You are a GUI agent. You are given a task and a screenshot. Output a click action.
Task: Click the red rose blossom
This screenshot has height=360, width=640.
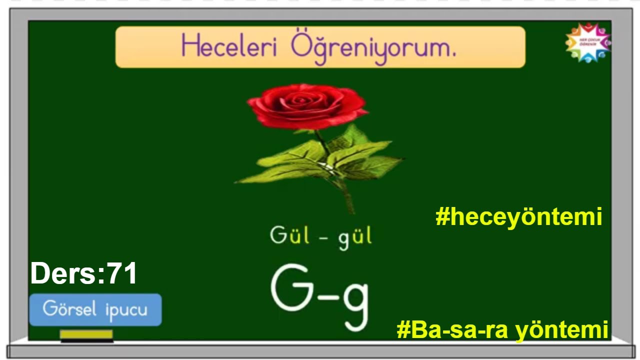click(x=306, y=106)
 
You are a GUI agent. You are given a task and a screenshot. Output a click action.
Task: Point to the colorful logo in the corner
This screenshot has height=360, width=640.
click(x=587, y=43)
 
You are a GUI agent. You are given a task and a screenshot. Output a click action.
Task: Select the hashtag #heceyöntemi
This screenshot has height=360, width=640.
click(x=518, y=217)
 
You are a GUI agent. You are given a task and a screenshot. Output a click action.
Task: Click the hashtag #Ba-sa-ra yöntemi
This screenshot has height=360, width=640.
click(x=502, y=330)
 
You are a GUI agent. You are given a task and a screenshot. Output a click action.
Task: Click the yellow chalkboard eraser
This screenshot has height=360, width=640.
click(x=86, y=334)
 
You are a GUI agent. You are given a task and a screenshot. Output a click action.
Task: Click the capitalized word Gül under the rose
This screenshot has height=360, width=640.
click(x=287, y=235)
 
